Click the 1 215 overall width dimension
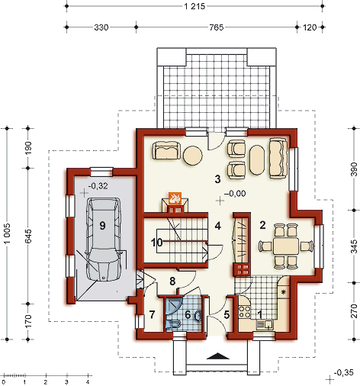pos(194,6)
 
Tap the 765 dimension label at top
pos(217,27)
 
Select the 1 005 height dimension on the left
pos(8,233)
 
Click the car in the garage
pos(103,239)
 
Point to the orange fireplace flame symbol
pos(175,198)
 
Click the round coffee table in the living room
pos(193,155)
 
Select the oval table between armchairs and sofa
pos(257,160)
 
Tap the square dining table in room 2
pos(286,246)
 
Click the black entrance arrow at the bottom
pos(218,356)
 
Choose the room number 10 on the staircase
pos(156,243)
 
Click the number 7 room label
pos(152,314)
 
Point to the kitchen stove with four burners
pos(244,312)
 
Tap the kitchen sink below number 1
pos(265,324)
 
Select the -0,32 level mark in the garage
pos(98,186)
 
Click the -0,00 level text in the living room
pos(235,194)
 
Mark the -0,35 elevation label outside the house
pos(343,372)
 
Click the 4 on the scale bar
pos(88,382)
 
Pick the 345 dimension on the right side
pos(354,246)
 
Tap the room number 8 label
pos(172,281)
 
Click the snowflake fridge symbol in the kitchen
pos(283,291)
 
